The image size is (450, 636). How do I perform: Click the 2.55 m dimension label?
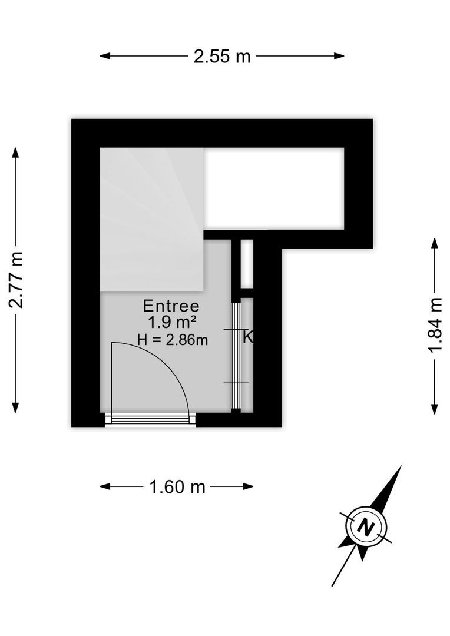(x=222, y=57)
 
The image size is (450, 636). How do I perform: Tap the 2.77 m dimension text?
(x=16, y=280)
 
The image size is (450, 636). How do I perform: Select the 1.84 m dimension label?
(x=435, y=326)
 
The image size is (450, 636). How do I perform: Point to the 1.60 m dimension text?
(x=177, y=486)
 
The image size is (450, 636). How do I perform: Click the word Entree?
(x=171, y=306)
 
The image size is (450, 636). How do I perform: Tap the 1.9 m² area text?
(x=172, y=323)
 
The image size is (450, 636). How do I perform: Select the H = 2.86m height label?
(x=173, y=339)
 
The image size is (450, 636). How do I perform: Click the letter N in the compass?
(x=366, y=527)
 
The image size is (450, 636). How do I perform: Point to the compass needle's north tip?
(x=401, y=466)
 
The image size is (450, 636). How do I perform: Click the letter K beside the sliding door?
(x=248, y=337)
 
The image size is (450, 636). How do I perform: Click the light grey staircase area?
(x=152, y=219)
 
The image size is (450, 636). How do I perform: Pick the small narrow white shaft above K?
(x=247, y=263)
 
